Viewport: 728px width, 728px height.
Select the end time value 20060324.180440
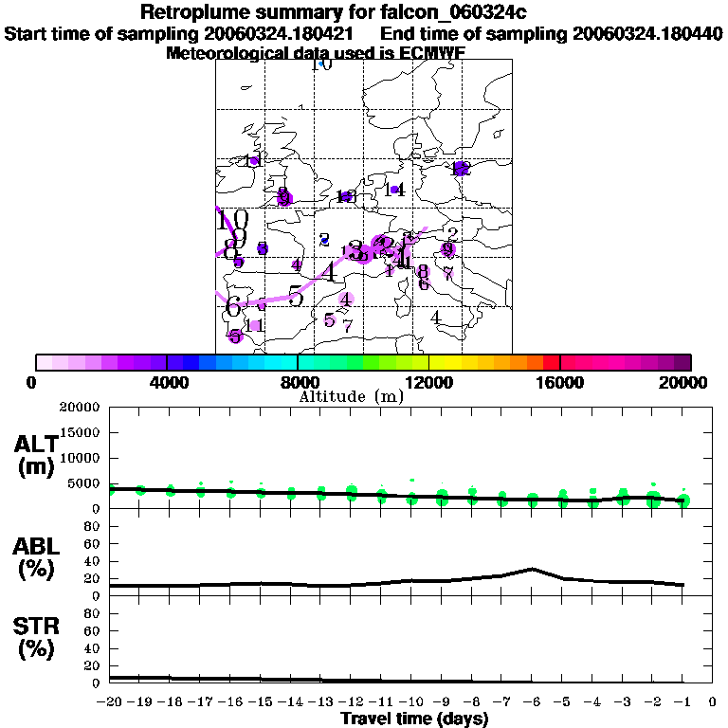[647, 33]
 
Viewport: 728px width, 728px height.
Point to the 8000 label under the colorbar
[298, 382]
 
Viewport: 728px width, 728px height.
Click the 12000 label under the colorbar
[428, 382]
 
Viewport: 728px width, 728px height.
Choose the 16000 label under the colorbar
[560, 382]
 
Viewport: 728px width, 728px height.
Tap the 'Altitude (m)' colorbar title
[351, 396]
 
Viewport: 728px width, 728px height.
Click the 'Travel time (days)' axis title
[414, 719]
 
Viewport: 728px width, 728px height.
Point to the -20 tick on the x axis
[110, 702]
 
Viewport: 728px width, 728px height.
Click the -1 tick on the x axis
[682, 702]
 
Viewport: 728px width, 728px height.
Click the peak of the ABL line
[533, 569]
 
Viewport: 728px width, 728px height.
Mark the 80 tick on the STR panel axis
[93, 612]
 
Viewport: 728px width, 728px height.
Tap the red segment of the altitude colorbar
[551, 361]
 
